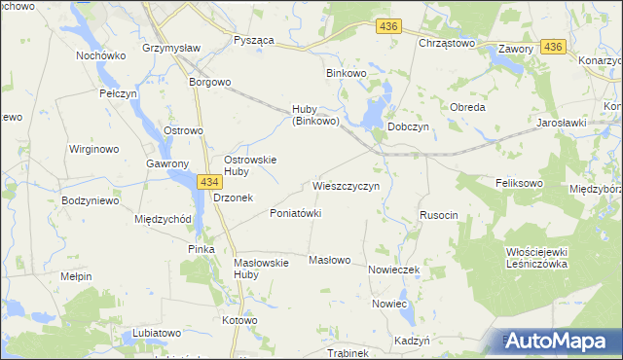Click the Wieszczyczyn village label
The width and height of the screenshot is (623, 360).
352,184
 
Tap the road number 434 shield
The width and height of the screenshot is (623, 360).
208,181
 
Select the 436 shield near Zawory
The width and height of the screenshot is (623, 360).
554,47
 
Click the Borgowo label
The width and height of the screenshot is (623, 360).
210,83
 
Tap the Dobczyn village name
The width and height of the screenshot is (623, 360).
408,126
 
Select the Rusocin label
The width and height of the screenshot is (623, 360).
438,214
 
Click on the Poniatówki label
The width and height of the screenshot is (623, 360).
295,213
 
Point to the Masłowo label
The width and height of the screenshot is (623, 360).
329,260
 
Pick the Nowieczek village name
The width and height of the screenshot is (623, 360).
393,270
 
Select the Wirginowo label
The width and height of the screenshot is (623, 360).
93,150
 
